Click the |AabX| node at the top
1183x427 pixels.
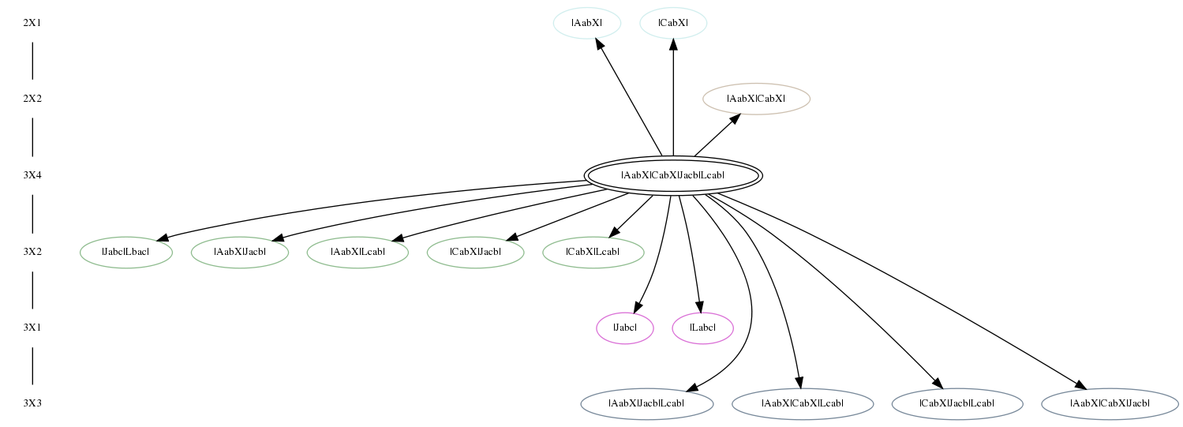coord(586,23)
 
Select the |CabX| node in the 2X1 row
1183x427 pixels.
coord(673,23)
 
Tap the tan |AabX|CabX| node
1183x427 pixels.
coord(756,99)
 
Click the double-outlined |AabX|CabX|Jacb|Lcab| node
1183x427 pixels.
coord(673,175)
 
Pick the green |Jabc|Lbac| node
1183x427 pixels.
coord(126,252)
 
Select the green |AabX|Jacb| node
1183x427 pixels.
coord(240,252)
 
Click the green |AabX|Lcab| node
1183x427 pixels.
coord(358,252)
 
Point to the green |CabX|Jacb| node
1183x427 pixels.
coord(475,252)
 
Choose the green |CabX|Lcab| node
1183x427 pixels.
coord(593,252)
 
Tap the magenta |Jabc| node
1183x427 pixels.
coord(625,328)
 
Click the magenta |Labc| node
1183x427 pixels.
coord(702,328)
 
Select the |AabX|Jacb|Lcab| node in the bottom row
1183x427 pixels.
coord(647,404)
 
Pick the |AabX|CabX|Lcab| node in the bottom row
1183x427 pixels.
coord(803,404)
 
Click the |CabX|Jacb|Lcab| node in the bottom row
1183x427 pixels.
coord(957,404)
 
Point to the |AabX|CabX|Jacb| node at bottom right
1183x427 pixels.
coord(1110,404)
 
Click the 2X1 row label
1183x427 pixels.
coord(32,23)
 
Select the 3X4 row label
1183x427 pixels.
coord(32,175)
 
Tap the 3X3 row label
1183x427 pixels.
coord(32,403)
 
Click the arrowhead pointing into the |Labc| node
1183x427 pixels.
coord(699,306)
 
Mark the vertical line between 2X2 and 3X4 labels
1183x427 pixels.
coord(32,137)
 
